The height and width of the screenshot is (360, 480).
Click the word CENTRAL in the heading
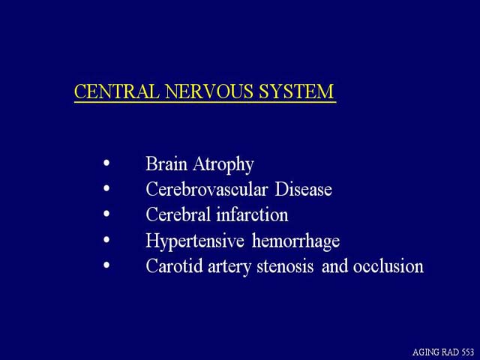[117, 91]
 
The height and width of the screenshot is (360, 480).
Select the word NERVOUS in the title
[209, 91]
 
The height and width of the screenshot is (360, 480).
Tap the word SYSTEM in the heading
[296, 91]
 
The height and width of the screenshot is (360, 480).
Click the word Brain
[166, 163]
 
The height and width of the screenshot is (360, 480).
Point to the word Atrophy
[223, 165]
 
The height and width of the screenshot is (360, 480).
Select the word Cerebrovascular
[207, 189]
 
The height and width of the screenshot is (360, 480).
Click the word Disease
[303, 189]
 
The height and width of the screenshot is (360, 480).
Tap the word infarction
[252, 214]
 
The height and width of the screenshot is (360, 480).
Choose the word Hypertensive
[195, 241]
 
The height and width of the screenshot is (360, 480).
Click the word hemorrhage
[295, 241]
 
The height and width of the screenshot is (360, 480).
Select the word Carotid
[174, 265]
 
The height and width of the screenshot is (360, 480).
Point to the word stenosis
[285, 266]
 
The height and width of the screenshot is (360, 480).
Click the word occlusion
[388, 265]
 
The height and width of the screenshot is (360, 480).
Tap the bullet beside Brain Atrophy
[106, 163]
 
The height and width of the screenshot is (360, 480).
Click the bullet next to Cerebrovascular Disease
[106, 188]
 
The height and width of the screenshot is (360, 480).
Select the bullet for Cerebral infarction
[106, 214]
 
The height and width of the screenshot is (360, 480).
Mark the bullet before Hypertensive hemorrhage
[106, 239]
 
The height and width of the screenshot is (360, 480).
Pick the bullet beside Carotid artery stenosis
[106, 265]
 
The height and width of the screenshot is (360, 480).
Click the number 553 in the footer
[467, 352]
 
